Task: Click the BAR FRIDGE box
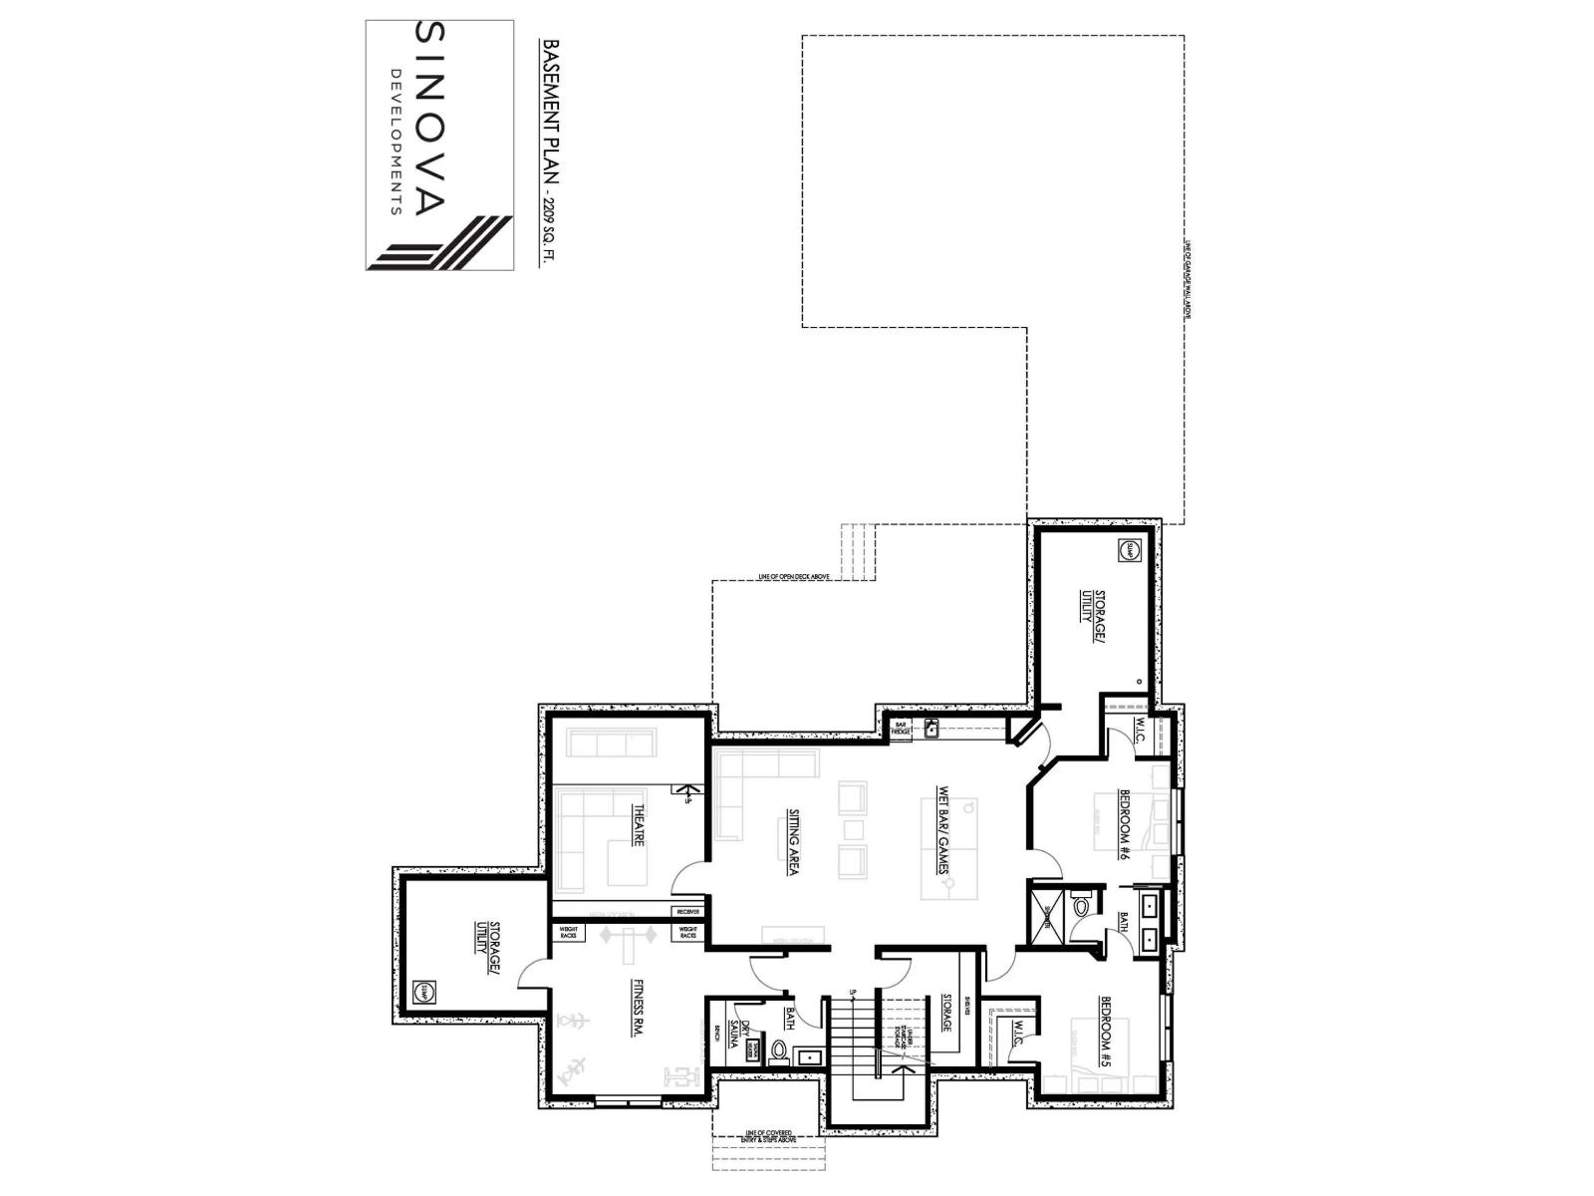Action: pos(900,729)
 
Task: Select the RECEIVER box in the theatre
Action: pos(688,911)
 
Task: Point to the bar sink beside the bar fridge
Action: pos(932,729)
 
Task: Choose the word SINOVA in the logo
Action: pos(428,120)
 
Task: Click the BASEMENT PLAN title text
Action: pos(549,110)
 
